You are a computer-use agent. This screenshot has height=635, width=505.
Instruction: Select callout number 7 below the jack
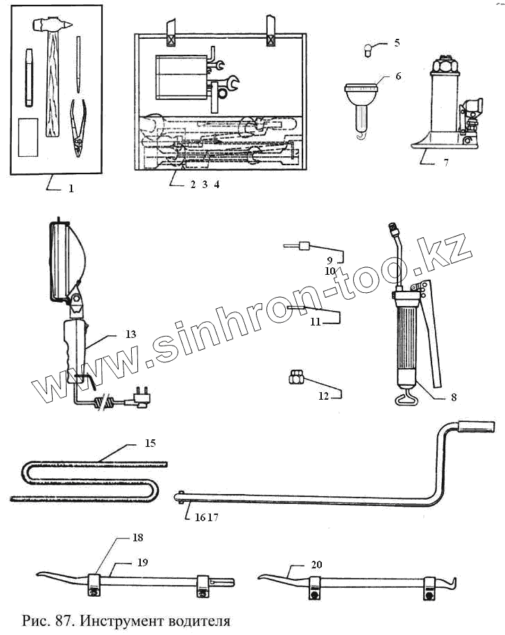445,164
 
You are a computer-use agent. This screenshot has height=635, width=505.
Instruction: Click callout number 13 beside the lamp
131,334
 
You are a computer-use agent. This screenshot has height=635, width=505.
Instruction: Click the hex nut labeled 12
294,378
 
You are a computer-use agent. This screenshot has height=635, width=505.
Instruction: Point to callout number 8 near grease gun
453,398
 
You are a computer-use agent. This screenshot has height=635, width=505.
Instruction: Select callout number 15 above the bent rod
150,442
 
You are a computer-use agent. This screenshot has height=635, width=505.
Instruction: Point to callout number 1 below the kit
70,187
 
